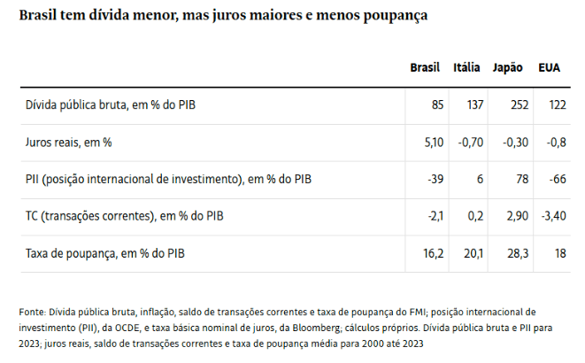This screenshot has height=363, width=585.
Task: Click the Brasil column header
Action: point(425,68)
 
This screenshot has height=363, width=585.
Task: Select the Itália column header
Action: point(466,68)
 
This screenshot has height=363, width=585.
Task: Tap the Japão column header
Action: point(507,68)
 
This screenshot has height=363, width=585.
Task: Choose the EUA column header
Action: point(549,68)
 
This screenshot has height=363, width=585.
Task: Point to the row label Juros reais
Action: point(68,143)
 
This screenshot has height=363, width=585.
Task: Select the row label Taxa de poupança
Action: point(106,254)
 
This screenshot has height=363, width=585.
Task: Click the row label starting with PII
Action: point(168,180)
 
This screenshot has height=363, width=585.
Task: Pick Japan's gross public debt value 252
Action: point(520,105)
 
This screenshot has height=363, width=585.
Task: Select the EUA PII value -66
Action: point(557,180)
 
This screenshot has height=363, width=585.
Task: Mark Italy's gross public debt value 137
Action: point(474,105)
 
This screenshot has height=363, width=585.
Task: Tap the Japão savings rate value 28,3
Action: point(518,254)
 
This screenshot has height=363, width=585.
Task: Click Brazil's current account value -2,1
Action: point(434,217)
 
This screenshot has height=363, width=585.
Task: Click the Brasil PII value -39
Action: point(435,180)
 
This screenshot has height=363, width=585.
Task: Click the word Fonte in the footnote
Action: point(32,312)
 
